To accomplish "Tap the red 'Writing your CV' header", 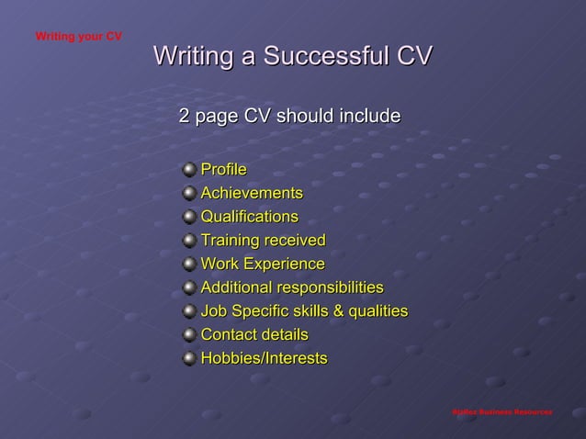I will [78, 37].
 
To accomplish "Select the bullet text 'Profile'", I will [223, 169].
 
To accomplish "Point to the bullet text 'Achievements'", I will [252, 193].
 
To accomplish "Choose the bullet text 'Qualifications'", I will [249, 217].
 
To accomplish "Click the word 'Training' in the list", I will [230, 241].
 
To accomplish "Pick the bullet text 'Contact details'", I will [254, 334].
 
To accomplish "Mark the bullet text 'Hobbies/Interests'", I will [264, 358].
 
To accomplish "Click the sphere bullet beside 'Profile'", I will [188, 170].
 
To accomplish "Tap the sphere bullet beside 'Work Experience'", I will [188, 265].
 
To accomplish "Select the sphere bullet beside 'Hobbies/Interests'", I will [188, 358].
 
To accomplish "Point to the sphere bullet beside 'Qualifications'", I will [188, 218].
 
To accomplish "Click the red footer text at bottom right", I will [501, 411].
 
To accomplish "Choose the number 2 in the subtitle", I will [184, 117].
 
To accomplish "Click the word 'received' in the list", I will [295, 241].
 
